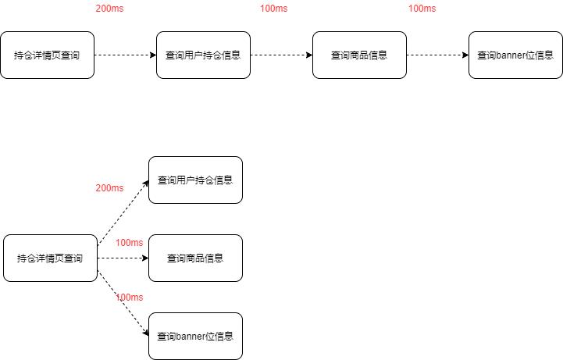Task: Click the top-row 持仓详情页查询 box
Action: pos(47,55)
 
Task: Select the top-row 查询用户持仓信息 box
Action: pos(203,55)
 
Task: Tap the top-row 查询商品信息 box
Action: pos(359,55)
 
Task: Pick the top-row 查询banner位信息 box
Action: pos(515,55)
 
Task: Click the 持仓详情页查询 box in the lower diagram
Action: pos(50,258)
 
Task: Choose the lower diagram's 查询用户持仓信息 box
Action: pos(195,180)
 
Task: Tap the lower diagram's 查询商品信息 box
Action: pos(195,258)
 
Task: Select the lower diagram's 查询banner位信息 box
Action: pos(195,337)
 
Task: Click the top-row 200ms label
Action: pos(109,9)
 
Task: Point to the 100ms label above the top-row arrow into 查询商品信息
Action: pos(273,9)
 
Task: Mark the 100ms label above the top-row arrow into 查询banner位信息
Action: pos(422,9)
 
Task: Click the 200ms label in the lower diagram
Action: pos(109,188)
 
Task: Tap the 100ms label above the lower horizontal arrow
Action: pos(130,243)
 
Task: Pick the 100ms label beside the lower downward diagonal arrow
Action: pos(130,298)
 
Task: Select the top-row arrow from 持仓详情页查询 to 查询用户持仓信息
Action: pos(125,55)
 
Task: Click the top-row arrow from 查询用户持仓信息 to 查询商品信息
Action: pos(281,55)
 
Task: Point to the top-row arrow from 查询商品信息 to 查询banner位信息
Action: pos(437,55)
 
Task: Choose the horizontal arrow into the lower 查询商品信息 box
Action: pos(123,258)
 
